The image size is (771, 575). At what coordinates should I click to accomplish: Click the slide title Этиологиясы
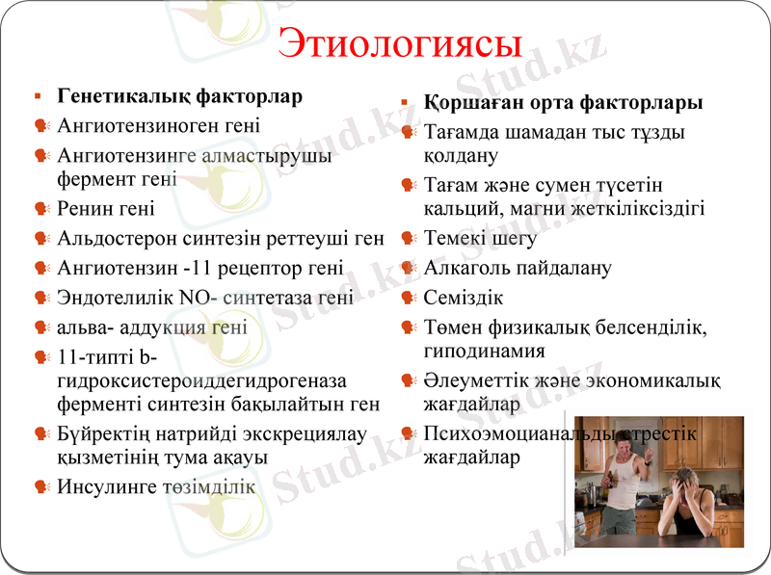pos(399,43)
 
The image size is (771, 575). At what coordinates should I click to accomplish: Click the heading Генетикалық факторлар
pos(180,97)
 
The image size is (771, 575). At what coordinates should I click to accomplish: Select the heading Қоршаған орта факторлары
pos(564,103)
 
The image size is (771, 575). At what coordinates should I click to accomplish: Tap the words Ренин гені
pos(106,208)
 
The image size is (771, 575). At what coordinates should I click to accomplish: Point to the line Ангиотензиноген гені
pos(159,125)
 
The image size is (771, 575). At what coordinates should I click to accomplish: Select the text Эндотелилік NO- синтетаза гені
pos(205,298)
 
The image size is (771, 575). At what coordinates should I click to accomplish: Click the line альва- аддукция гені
pos(152,327)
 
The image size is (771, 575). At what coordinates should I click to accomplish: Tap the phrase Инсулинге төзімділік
pos(156,486)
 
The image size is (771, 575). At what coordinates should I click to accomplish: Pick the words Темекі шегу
pos(479,238)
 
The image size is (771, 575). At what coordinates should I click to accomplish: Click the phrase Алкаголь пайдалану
pos(518,268)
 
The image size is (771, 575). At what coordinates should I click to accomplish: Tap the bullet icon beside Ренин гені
pos(40,209)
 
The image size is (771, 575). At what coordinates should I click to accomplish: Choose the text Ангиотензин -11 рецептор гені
pos(200,268)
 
